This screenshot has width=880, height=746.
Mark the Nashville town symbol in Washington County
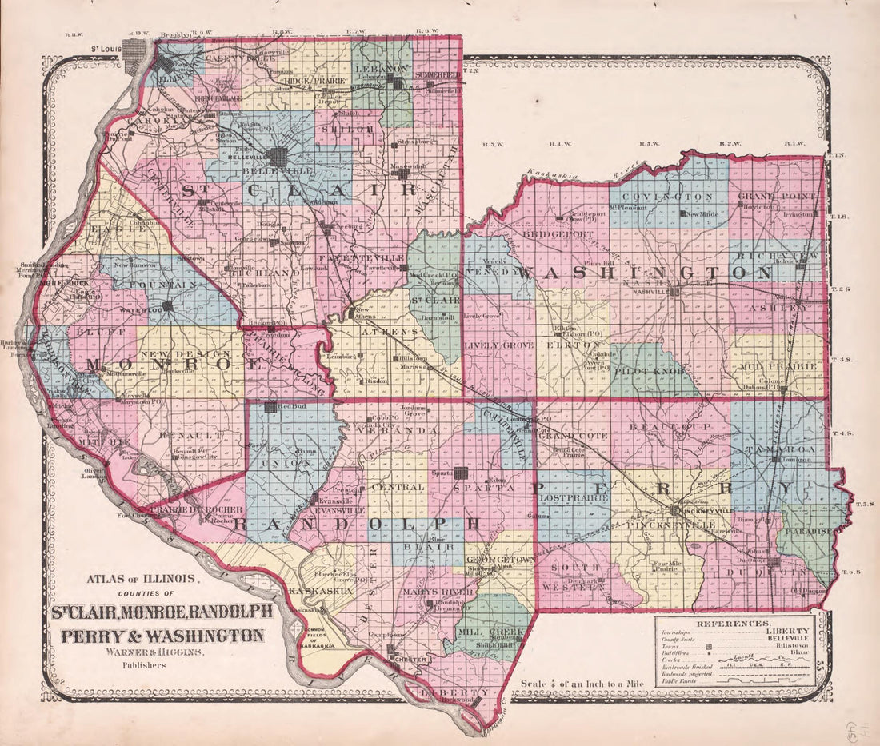tap(675, 292)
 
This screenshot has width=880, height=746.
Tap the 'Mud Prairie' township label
tap(782, 367)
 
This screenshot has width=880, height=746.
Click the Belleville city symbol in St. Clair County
tap(280, 157)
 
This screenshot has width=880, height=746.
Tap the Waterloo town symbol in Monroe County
tap(168, 306)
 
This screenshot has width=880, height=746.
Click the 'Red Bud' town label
tap(290, 407)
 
